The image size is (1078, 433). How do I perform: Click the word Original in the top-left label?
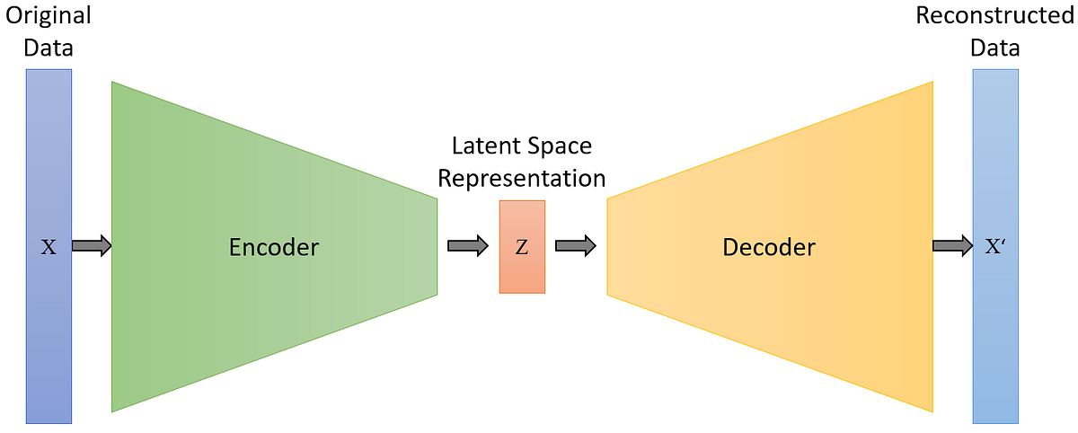pos(49,16)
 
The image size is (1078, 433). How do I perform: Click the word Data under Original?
pos(49,48)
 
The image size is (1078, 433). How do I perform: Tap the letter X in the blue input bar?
pos(49,246)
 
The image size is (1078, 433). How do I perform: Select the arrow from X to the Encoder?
pos(91,245)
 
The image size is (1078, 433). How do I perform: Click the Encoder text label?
pos(274,246)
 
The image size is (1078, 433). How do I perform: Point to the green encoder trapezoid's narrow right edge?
pos(436,246)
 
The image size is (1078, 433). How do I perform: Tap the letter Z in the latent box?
pos(522,247)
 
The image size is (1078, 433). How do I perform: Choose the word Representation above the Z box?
pos(521,177)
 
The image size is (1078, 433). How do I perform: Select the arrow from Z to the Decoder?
pos(576,245)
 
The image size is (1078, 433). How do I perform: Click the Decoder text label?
pos(769,246)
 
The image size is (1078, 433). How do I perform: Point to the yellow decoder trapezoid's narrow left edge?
pos(609,246)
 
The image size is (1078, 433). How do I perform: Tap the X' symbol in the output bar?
pos(995,246)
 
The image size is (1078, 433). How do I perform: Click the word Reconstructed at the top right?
pos(995,16)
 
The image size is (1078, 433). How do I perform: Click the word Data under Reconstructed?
pos(995,48)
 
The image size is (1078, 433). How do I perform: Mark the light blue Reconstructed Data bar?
pos(995,341)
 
